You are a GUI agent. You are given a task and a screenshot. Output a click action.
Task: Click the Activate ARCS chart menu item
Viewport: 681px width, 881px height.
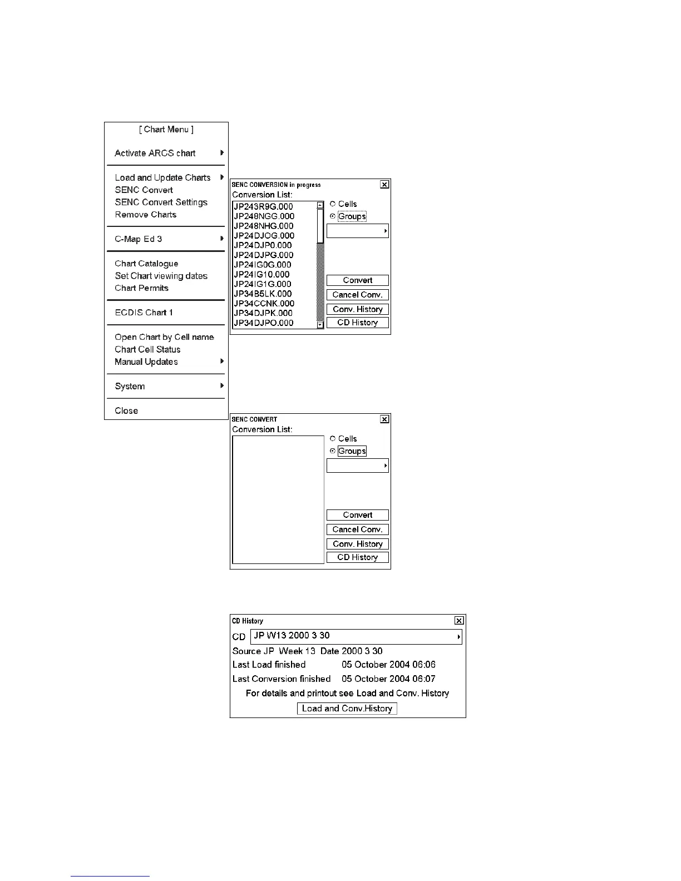pos(155,153)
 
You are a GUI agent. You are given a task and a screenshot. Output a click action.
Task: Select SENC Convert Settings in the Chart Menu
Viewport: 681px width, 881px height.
pos(161,202)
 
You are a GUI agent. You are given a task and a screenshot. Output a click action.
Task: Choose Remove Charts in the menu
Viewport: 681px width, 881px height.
pos(145,215)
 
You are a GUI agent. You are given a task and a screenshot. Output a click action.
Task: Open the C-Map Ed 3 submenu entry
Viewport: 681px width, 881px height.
pos(139,239)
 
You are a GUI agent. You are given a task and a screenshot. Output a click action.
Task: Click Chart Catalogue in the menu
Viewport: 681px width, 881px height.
pos(146,264)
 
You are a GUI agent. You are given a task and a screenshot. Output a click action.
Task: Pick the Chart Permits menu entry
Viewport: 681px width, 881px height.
pos(141,288)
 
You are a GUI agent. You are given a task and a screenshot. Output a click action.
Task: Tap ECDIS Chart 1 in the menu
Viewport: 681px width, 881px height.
pos(144,313)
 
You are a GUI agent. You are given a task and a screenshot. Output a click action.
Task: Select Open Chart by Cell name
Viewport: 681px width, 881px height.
pos(164,337)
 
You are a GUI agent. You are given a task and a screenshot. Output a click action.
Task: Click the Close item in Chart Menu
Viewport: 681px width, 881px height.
pos(126,410)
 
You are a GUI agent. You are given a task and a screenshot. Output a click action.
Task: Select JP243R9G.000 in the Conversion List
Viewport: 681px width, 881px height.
pos(263,206)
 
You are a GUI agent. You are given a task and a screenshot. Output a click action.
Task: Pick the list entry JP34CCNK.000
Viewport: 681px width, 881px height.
pos(264,303)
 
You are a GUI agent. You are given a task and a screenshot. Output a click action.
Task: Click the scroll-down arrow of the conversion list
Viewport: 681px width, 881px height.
pos(320,325)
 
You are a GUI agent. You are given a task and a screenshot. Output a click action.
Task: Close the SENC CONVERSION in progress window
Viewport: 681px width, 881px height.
pos(384,184)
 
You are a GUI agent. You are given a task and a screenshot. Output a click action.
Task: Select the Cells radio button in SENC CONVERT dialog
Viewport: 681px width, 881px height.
pos(333,439)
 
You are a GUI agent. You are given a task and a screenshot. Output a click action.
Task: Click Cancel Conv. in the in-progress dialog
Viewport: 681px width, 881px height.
pos(357,295)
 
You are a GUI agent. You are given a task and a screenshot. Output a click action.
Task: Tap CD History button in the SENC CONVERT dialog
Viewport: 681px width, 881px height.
pos(357,557)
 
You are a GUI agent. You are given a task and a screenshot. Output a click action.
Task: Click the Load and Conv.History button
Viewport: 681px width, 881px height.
pos(347,709)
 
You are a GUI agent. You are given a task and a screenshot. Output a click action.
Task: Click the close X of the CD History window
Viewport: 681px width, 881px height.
pos(459,621)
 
